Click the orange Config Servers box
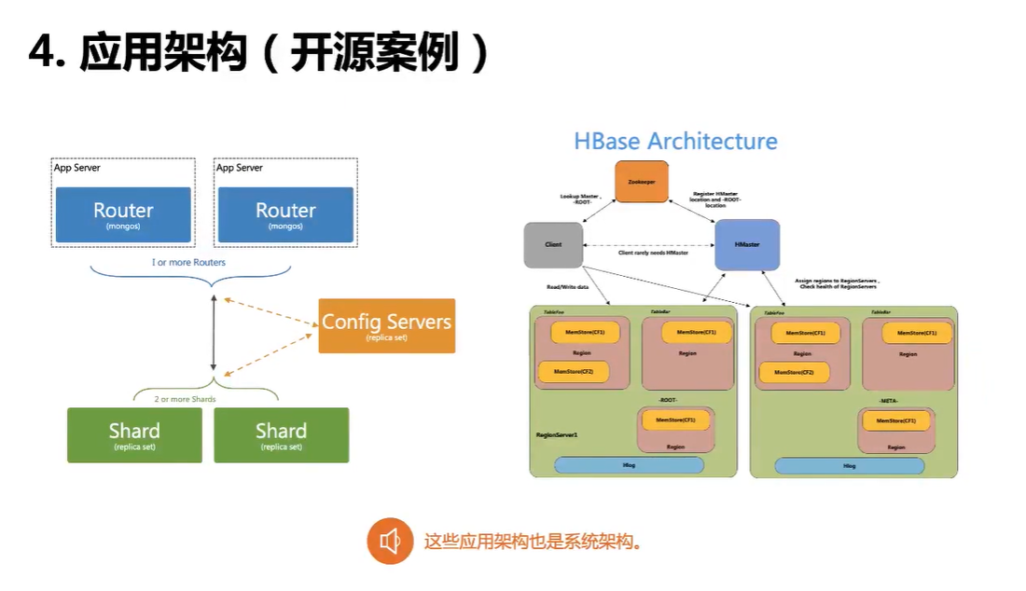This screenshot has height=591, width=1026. tap(386, 325)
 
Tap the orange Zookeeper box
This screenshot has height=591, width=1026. tap(642, 181)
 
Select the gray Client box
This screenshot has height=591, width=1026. tap(554, 244)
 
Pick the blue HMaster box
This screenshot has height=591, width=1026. tap(746, 244)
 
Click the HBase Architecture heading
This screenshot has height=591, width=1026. tap(675, 142)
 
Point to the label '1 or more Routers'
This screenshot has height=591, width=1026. tap(188, 262)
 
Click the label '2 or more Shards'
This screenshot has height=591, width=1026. tap(185, 399)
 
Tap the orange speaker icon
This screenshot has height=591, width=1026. tap(390, 541)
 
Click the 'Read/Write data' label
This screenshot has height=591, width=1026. tap(568, 287)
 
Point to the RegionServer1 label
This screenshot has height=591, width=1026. tap(557, 434)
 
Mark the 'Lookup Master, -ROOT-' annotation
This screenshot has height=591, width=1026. tap(580, 199)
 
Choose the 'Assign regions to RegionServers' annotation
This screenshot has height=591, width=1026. tap(839, 282)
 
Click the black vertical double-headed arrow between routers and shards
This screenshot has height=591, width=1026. tap(214, 333)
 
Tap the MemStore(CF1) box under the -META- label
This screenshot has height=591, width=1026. tap(894, 420)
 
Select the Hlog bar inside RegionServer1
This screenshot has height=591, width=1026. tap(629, 464)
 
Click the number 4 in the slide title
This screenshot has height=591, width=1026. tap(42, 54)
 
